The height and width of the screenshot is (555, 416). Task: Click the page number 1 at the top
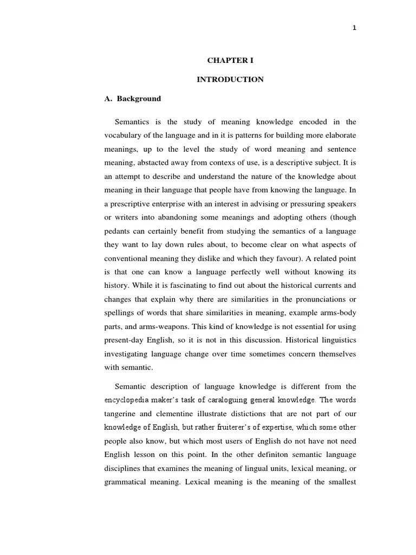[354, 29]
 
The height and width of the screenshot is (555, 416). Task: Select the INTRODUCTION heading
[230, 79]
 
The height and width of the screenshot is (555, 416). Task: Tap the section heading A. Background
[132, 99]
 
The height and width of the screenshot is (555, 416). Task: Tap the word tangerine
[122, 414]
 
